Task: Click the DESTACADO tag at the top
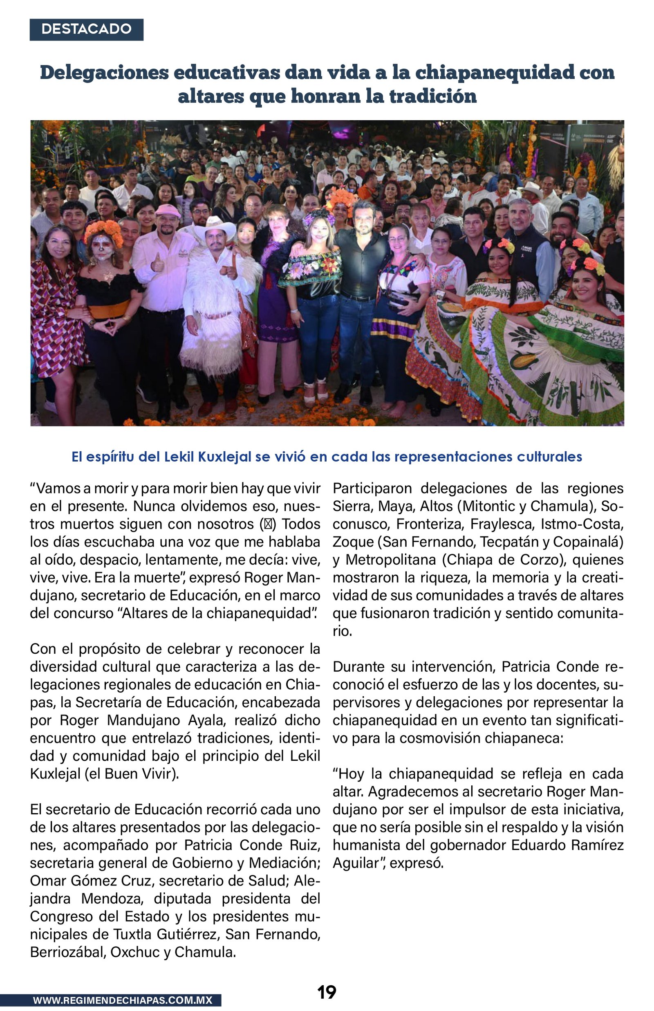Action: coord(86,29)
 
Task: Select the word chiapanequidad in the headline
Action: coord(494,72)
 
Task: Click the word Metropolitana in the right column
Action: coord(391,560)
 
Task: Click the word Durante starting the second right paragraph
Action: coord(357,667)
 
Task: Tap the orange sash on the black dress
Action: coord(109,309)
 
